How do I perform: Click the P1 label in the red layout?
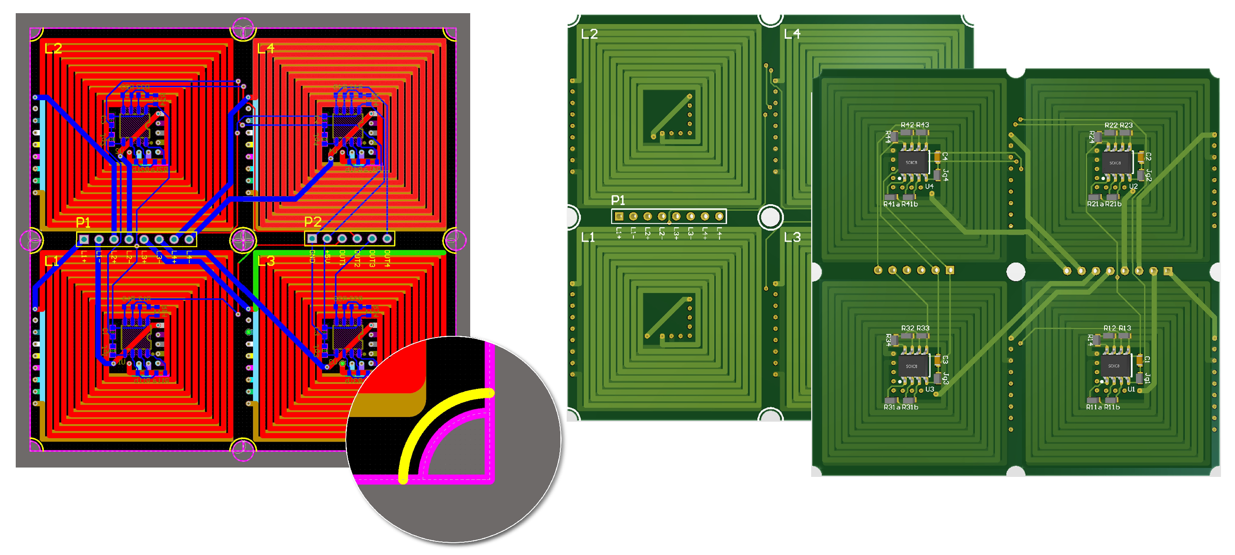[83, 222]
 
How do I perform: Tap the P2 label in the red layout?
[312, 222]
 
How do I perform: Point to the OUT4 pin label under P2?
[387, 258]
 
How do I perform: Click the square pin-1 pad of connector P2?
[312, 239]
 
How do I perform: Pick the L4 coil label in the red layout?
[266, 48]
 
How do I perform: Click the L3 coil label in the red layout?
[266, 261]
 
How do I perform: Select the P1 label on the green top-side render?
[618, 200]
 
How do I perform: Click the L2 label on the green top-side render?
[589, 34]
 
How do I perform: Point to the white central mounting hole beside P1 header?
[770, 217]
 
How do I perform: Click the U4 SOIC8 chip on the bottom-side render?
[912, 162]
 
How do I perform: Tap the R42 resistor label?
[907, 124]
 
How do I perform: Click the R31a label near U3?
[892, 407]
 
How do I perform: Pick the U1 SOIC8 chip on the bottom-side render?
[1114, 366]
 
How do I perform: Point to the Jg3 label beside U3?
[946, 378]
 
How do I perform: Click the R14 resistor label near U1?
[1090, 340]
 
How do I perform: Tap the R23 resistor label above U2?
[1126, 125]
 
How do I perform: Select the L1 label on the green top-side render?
[588, 237]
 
